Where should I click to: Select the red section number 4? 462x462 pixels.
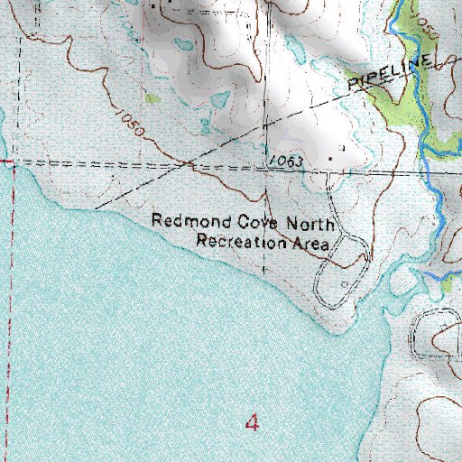253,422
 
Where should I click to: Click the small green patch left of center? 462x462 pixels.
152,97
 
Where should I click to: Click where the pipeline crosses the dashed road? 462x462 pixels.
188,163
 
